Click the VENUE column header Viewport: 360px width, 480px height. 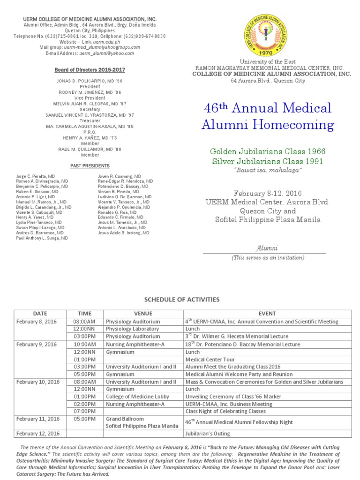click(x=143, y=314)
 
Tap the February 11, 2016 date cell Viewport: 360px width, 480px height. click(x=38, y=419)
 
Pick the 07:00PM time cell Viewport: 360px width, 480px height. click(x=84, y=411)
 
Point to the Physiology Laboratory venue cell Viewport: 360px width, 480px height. click(x=132, y=329)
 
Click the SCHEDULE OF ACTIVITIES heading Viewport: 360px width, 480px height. click(x=181, y=300)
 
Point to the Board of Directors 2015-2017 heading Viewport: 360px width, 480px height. click(x=90, y=70)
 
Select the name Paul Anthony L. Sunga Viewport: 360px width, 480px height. click(x=42, y=238)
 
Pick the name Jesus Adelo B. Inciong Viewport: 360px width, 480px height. click(x=124, y=232)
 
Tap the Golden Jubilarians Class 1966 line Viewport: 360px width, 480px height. click(x=267, y=151)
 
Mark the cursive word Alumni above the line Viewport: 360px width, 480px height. click(x=266, y=247)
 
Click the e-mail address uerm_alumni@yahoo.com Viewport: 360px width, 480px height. click(x=106, y=53)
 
